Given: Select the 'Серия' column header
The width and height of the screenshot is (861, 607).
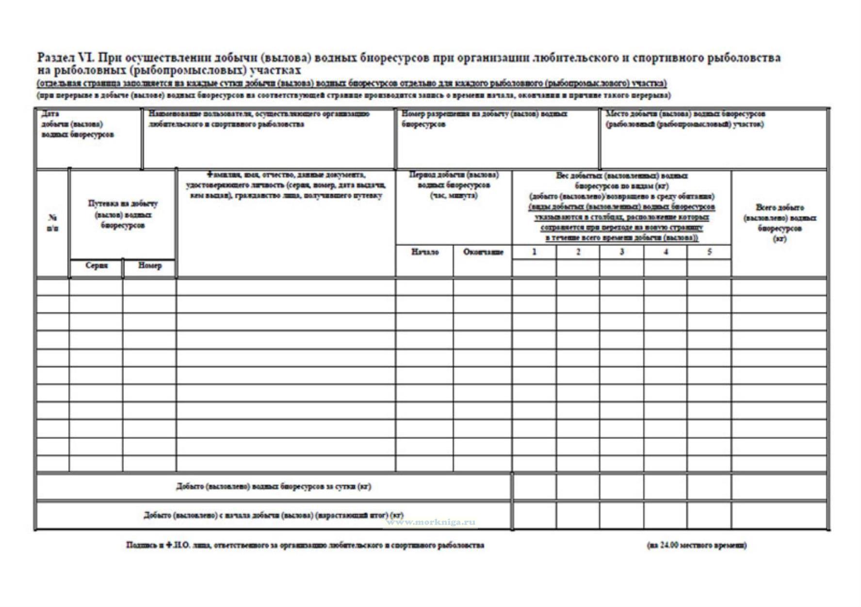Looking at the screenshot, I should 97,266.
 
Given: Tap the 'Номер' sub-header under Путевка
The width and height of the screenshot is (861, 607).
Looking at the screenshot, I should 149,266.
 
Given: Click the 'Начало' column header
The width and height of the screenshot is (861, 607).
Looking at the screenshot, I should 425,252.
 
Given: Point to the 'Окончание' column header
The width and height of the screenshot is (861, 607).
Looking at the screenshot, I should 483,252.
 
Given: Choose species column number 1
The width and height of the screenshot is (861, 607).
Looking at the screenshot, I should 534,252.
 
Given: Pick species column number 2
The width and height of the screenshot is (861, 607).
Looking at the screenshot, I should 578,252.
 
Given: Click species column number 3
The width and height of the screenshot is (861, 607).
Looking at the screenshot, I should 622,252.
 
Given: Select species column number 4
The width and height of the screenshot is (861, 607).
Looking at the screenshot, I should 666,252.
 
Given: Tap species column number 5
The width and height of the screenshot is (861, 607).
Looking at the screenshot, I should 709,252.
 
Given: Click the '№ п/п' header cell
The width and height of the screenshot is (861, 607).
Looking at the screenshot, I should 53,223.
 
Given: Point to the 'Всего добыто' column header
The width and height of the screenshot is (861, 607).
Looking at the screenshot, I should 780,223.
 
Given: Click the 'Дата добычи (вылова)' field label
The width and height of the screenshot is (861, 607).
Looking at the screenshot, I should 78,124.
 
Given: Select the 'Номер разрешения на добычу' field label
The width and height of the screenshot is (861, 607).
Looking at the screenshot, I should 484,119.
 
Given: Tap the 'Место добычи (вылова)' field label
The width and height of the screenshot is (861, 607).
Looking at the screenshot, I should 685,119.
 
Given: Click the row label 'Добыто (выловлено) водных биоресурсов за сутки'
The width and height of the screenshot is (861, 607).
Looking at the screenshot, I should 274,487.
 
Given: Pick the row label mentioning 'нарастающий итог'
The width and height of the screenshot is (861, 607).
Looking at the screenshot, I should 274,515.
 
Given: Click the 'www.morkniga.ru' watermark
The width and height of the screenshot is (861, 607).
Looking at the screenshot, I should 431,523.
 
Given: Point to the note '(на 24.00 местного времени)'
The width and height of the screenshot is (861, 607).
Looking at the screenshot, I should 697,545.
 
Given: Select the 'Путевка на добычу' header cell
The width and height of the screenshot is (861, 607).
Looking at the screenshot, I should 123,214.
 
